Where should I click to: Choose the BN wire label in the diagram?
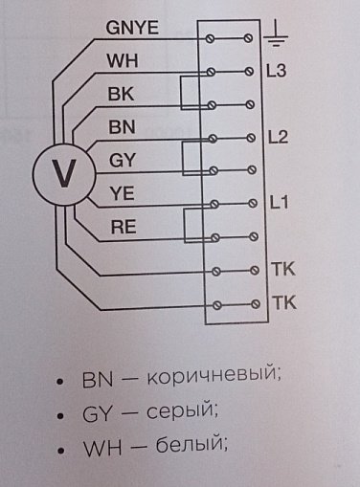121,126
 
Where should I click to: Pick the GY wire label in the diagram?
123,160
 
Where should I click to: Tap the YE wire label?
122,193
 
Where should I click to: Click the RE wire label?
123,227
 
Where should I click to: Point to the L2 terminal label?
280,136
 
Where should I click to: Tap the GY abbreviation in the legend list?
98,412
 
